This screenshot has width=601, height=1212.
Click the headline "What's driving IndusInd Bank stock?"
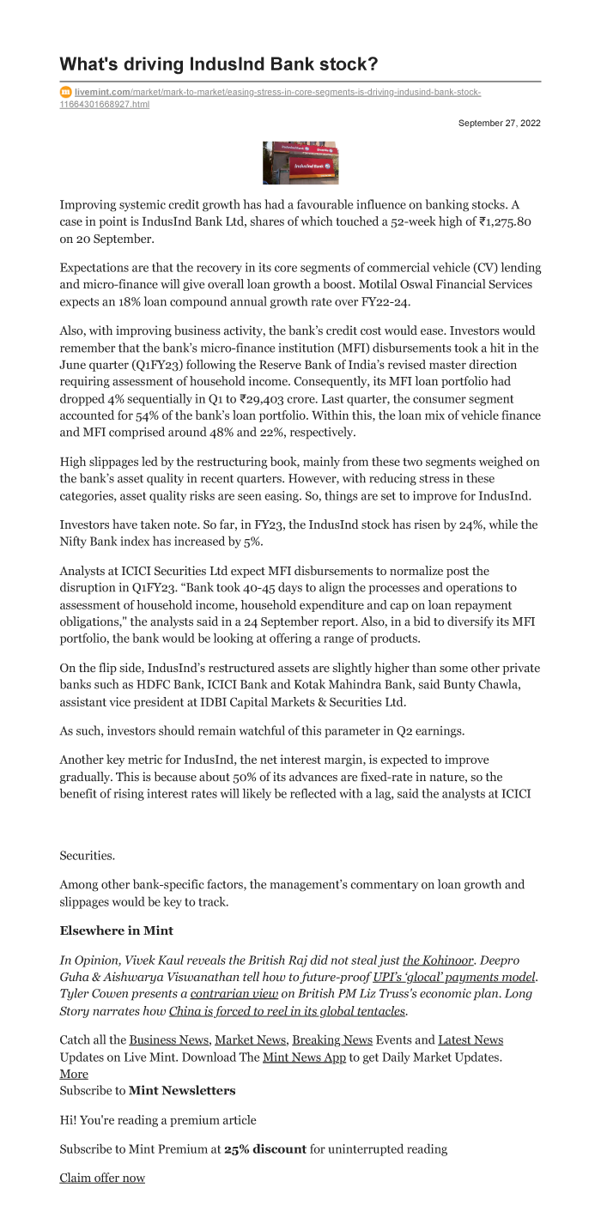tap(218, 64)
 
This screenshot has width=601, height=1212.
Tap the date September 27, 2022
tap(499, 124)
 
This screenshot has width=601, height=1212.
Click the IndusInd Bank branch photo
tap(300, 163)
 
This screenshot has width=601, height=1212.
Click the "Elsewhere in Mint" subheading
tap(117, 930)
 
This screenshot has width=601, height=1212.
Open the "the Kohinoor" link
tap(438, 960)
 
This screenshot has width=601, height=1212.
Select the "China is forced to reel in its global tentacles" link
tap(287, 1010)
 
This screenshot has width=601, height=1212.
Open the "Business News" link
tap(170, 1039)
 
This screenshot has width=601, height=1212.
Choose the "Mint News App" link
tap(304, 1057)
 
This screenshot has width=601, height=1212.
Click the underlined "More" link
tap(74, 1074)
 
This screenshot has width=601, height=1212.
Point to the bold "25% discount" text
tap(265, 1148)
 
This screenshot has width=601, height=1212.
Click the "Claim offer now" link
tap(102, 1178)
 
